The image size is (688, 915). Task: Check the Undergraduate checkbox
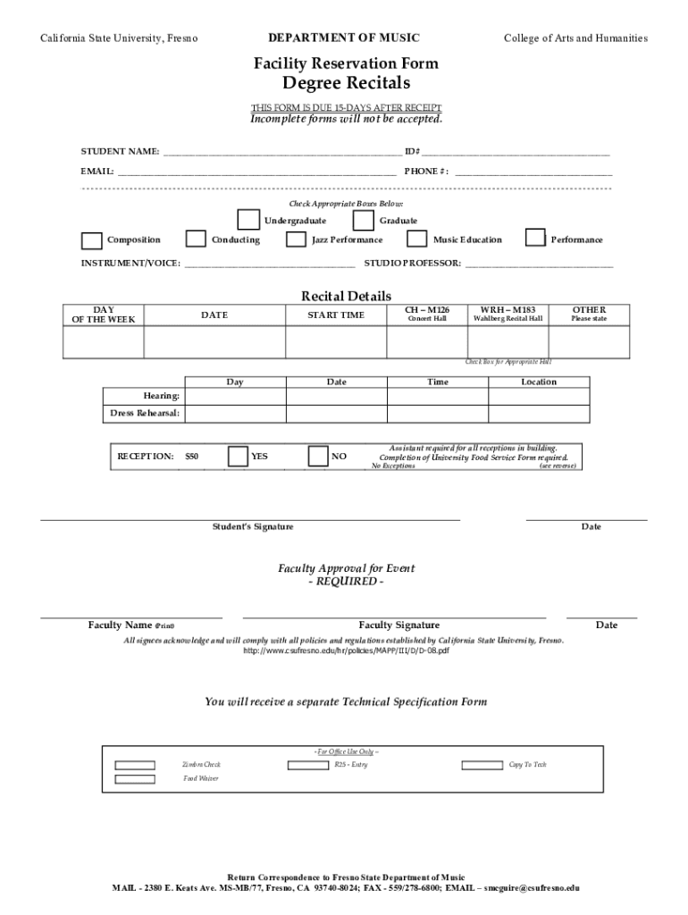[x=248, y=220]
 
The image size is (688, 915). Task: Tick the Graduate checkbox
[x=364, y=220]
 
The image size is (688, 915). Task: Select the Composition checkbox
[x=91, y=240]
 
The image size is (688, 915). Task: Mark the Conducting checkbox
[x=196, y=239]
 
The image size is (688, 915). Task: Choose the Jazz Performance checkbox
[x=296, y=239]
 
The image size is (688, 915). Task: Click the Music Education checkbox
[x=416, y=239]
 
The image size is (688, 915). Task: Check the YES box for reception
[x=238, y=456]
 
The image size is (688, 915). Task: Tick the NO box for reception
[x=318, y=456]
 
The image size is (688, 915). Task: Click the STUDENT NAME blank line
[x=281, y=152]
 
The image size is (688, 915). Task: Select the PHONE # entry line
[x=533, y=171]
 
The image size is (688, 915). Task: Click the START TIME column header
[x=336, y=315]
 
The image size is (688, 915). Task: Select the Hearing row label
[x=162, y=396]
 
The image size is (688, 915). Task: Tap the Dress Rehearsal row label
[x=144, y=413]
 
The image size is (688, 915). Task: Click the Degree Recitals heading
[x=345, y=83]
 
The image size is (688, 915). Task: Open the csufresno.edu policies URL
[x=346, y=651]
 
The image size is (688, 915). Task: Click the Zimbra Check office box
[x=135, y=765]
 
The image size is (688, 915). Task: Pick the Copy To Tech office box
[x=482, y=765]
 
